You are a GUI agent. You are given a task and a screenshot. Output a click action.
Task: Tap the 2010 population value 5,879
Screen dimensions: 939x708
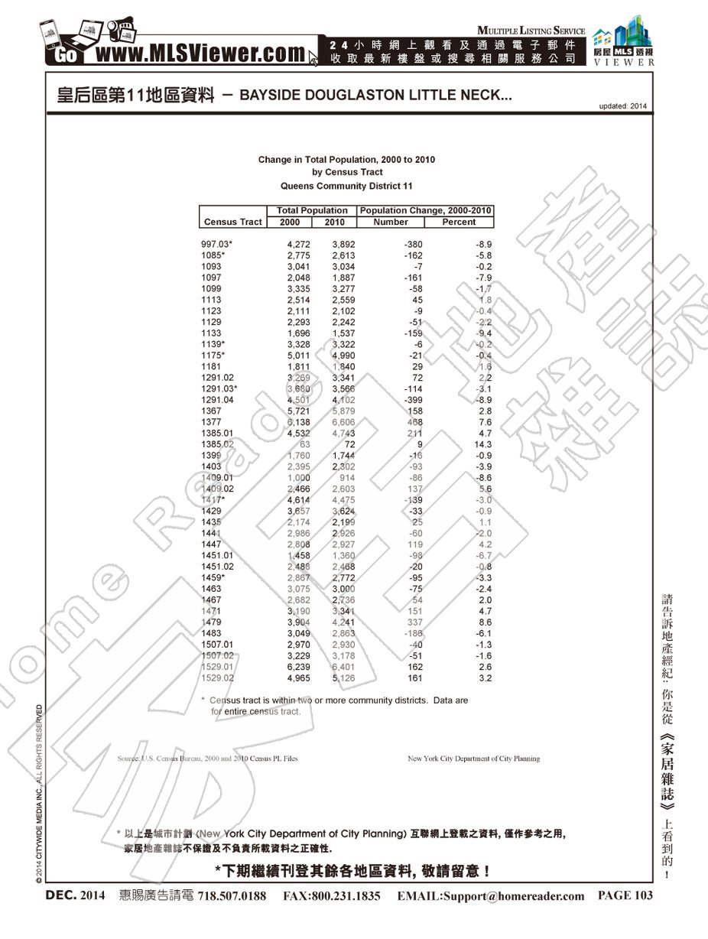pyautogui.click(x=343, y=411)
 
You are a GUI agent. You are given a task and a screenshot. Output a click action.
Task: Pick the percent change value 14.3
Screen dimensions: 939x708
pyautogui.click(x=482, y=444)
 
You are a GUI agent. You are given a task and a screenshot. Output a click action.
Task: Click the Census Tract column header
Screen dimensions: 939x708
pyautogui.click(x=232, y=222)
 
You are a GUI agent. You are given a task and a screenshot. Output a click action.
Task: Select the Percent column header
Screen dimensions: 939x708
pyautogui.click(x=459, y=222)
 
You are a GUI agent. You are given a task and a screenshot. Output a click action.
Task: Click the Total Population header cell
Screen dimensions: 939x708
pyautogui.click(x=312, y=210)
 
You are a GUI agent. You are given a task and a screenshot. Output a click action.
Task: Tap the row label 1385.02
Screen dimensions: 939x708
pyautogui.click(x=218, y=444)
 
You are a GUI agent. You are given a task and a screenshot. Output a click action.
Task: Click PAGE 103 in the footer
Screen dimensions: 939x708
pyautogui.click(x=625, y=895)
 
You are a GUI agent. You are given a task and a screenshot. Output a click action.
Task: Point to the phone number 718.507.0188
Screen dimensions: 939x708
pyautogui.click(x=232, y=896)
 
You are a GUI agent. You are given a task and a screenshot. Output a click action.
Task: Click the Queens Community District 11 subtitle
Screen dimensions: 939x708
pyautogui.click(x=346, y=186)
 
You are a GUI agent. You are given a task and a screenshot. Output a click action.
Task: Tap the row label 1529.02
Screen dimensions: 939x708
pyautogui.click(x=218, y=677)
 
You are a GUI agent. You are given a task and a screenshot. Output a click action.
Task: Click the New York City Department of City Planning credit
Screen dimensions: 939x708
pyautogui.click(x=473, y=759)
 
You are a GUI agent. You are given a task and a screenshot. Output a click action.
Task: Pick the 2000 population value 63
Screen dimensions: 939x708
pyautogui.click(x=304, y=444)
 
